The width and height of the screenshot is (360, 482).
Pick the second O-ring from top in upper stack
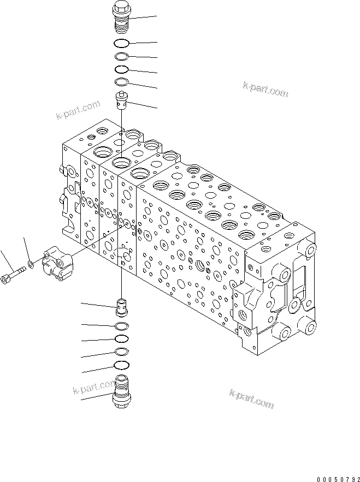click(x=121, y=56)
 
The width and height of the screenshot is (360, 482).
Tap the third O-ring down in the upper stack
click(x=121, y=69)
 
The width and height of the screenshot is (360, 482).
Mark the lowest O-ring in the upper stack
click(x=121, y=82)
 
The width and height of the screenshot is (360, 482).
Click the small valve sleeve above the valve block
click(x=121, y=101)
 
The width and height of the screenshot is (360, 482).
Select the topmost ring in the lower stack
click(x=122, y=326)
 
